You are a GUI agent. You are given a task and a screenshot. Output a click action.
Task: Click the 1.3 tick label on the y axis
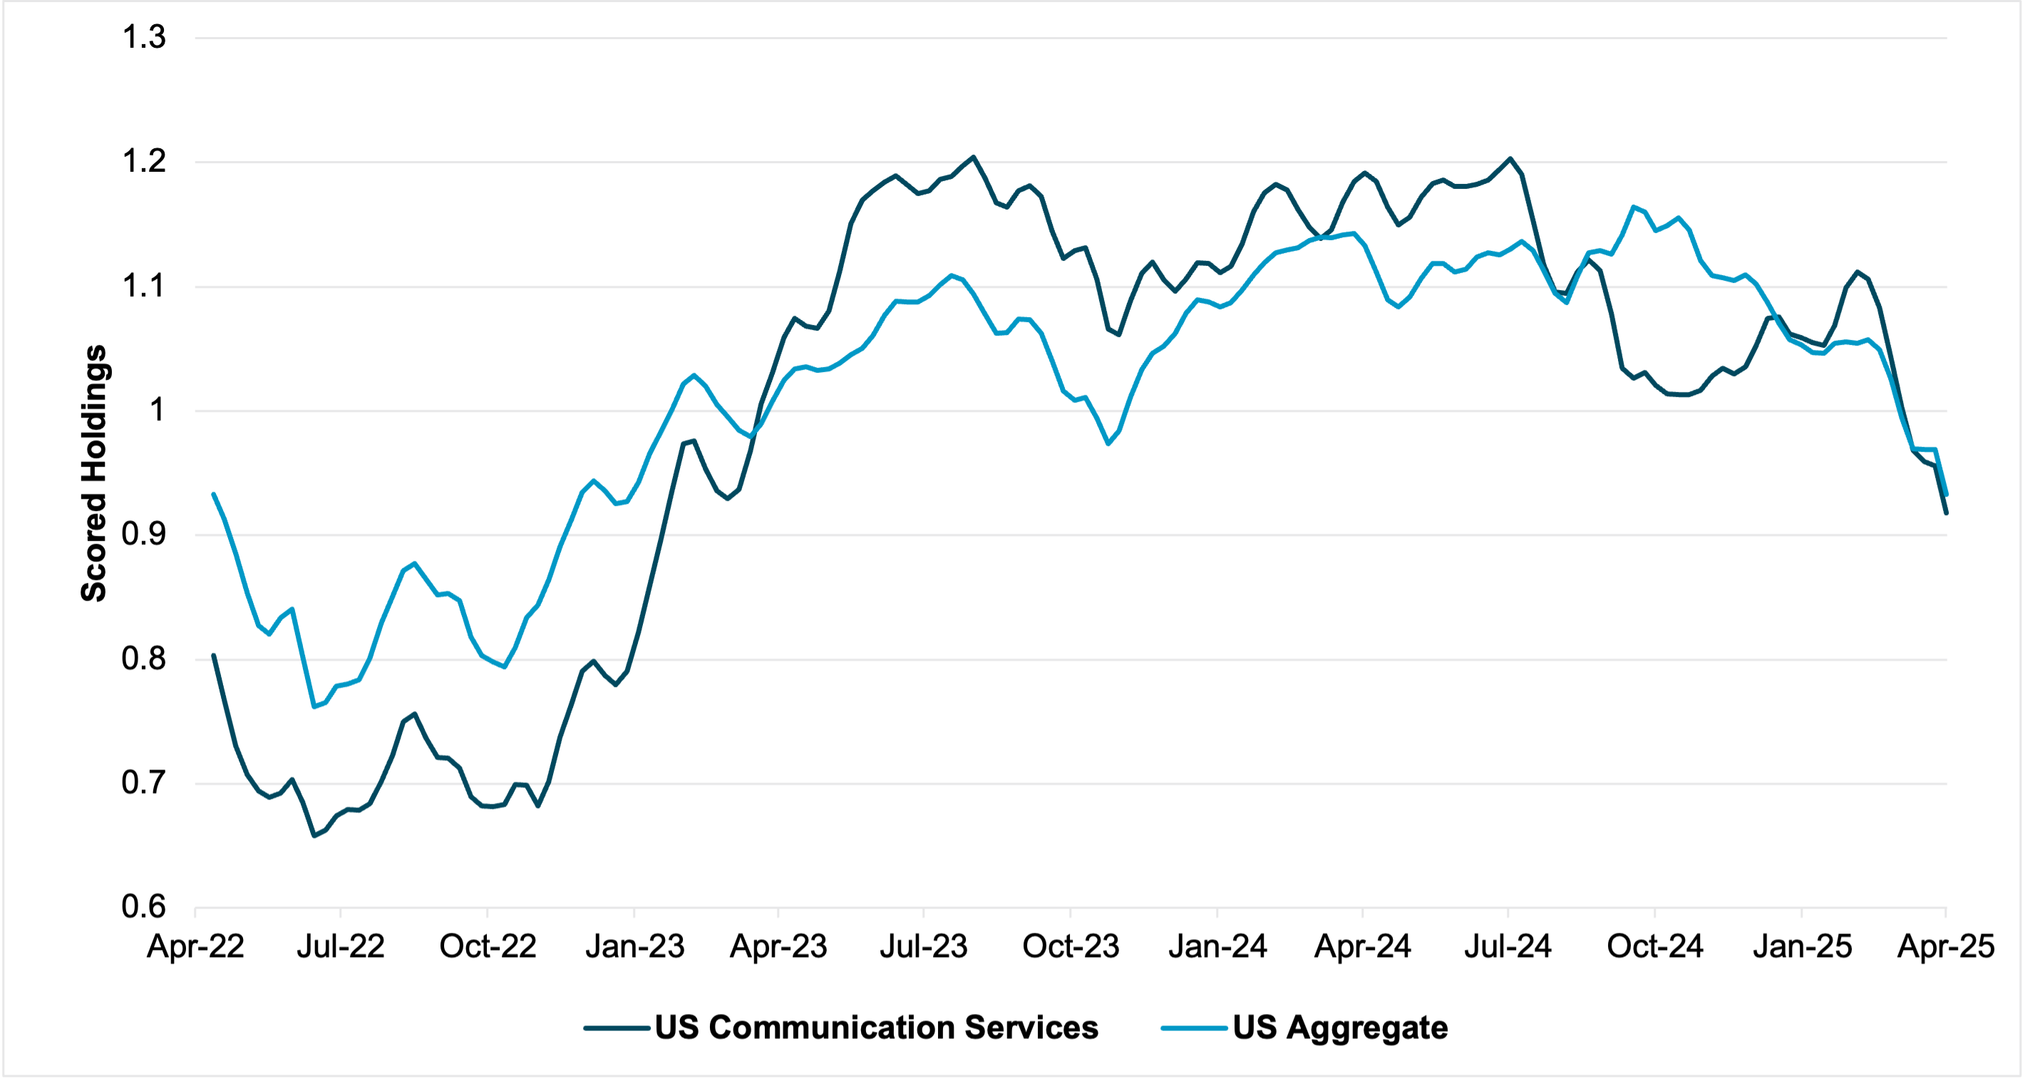coord(144,37)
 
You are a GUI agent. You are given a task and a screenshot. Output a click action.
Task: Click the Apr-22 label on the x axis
coord(196,946)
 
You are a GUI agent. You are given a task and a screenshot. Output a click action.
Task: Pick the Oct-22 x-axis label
coord(488,946)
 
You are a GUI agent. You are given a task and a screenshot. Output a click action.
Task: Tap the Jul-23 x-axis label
coord(924,946)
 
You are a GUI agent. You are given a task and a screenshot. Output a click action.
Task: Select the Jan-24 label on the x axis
coord(1217,946)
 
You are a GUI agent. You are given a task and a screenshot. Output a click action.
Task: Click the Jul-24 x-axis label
coord(1508,946)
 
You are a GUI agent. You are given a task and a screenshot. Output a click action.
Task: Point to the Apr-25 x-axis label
coord(1946,946)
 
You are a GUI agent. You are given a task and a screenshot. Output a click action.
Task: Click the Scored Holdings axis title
coord(93,473)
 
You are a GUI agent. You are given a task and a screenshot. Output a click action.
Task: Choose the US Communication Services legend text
coord(876,1028)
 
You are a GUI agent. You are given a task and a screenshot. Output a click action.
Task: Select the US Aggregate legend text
coord(1339,1028)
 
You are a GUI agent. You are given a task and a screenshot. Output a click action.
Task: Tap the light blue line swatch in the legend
coord(1194,1028)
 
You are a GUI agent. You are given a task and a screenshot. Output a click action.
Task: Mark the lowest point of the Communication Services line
coord(314,836)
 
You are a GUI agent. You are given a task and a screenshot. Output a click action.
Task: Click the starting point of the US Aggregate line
coord(214,494)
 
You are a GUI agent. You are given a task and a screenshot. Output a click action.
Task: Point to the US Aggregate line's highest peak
coord(1634,207)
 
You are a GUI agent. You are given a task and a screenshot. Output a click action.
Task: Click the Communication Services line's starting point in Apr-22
coord(214,655)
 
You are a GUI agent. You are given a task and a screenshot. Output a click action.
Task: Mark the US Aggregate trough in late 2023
coord(1108,444)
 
